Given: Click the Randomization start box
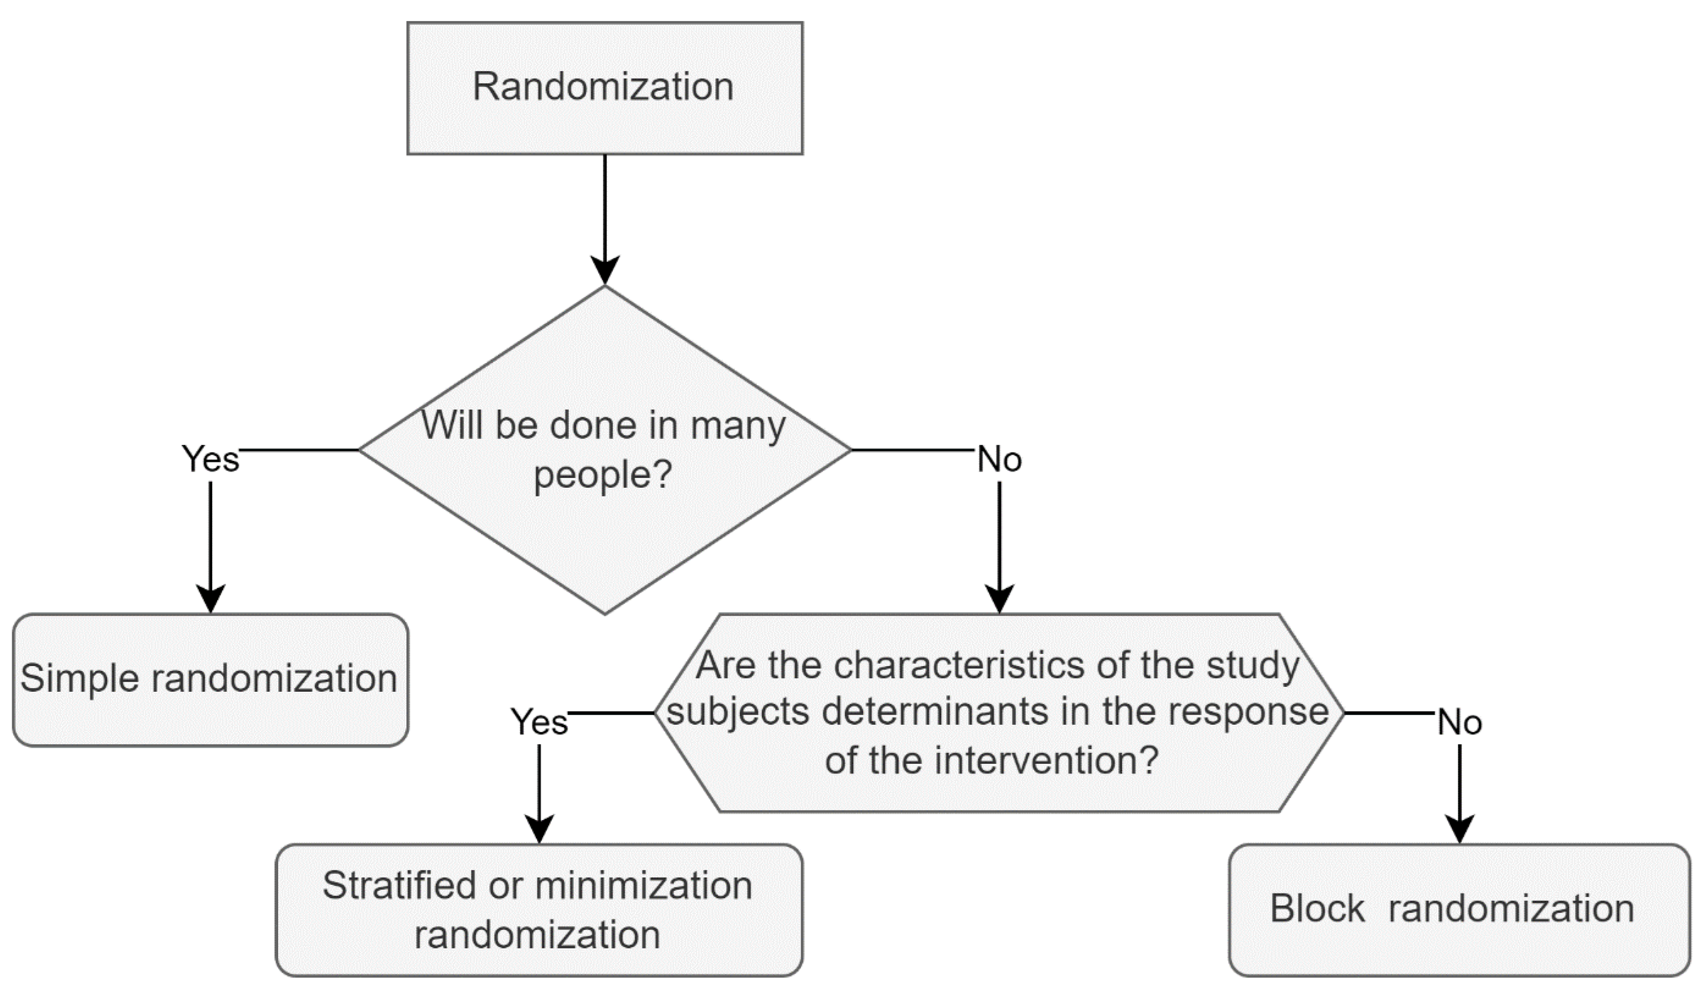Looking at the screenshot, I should coord(604,88).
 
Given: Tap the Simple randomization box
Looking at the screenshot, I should coord(210,680).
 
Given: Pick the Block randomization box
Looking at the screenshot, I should coord(1459,909).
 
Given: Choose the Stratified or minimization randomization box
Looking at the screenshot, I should coord(538,909).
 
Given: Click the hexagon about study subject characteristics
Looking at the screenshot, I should coord(998,712).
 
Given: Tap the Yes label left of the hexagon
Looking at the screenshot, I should coord(539,722).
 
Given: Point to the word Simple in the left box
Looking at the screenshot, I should coord(79,679).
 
